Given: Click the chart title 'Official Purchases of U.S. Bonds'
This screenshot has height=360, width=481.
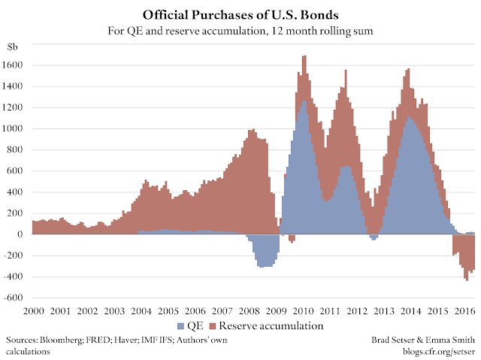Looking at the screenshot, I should pos(240,15).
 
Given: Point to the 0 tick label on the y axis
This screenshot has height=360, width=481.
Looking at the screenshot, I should pos(23,234).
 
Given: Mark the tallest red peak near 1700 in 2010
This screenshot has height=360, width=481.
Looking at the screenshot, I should pos(304,57).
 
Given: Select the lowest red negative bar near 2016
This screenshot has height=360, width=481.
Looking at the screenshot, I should pos(467,280).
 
